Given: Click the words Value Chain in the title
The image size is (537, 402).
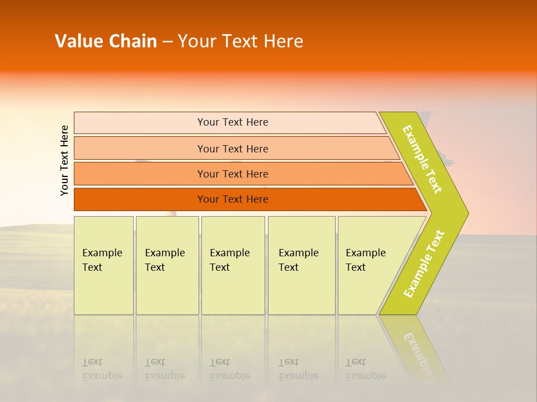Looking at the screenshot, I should (106, 41).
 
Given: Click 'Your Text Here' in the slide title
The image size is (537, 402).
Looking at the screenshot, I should (241, 41).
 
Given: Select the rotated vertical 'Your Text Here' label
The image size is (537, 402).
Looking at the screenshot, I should (64, 160).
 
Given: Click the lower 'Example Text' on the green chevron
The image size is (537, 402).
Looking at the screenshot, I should (424, 264).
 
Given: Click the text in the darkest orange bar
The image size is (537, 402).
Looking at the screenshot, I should (233, 199).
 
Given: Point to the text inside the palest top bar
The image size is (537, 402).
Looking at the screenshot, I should (233, 122).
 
